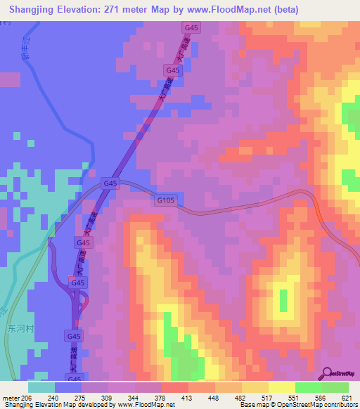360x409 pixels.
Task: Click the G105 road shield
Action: click(x=165, y=200)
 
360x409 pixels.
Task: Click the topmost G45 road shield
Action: click(x=190, y=27)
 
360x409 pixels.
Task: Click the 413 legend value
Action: click(x=188, y=397)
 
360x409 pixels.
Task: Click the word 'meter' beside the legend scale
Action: click(x=11, y=397)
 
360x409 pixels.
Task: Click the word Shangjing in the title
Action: click(x=34, y=10)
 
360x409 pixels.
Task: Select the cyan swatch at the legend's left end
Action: click(x=41, y=387)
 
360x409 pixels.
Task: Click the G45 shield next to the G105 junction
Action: click(x=110, y=183)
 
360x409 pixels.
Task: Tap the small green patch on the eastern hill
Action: click(x=283, y=301)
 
